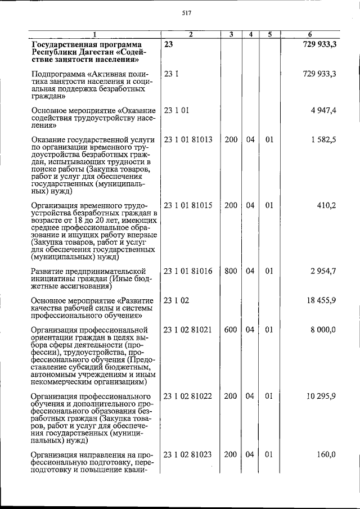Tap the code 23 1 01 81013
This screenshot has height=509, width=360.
188,139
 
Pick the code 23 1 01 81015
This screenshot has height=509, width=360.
188,205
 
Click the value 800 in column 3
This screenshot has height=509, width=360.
231,271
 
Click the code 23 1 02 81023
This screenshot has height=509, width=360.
188,454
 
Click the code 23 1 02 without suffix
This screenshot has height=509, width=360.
176,300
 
